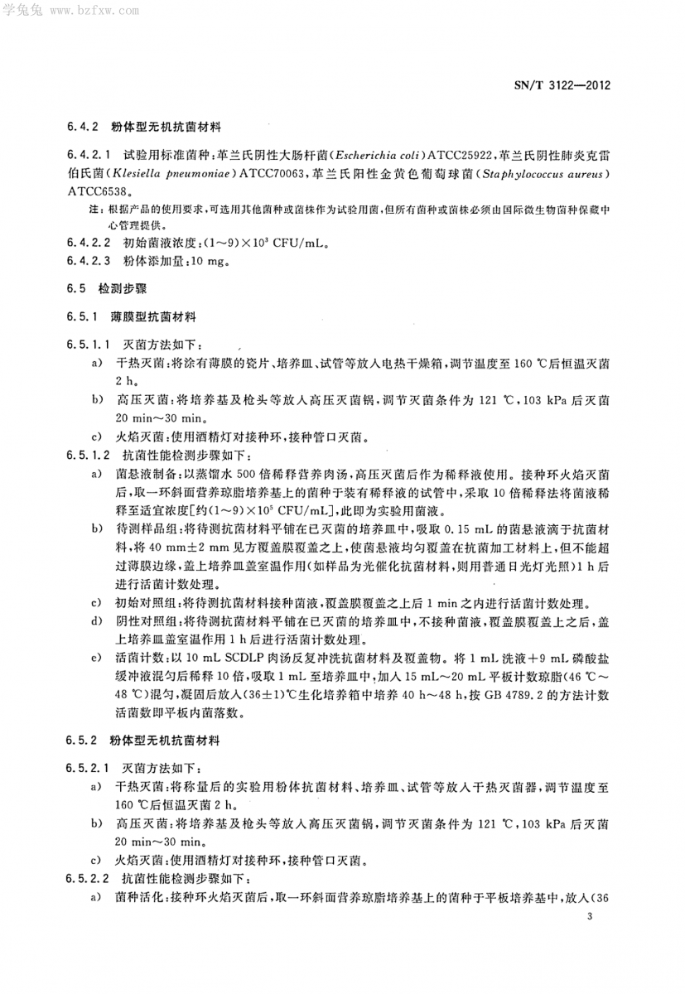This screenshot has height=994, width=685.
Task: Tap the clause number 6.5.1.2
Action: point(87,456)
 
